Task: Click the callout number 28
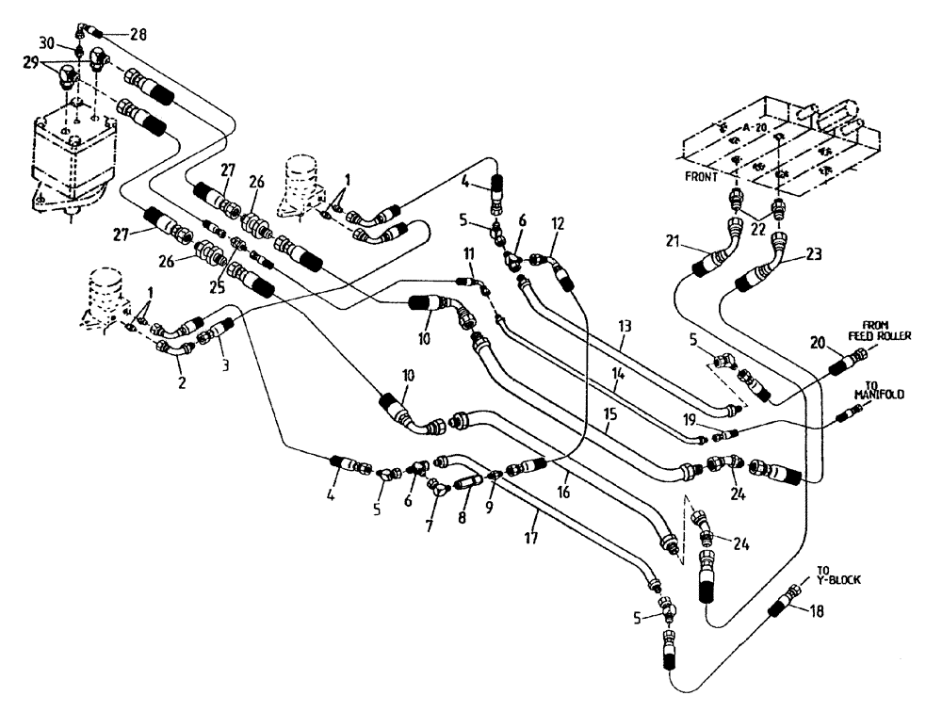tap(139, 35)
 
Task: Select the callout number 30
tap(47, 44)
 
